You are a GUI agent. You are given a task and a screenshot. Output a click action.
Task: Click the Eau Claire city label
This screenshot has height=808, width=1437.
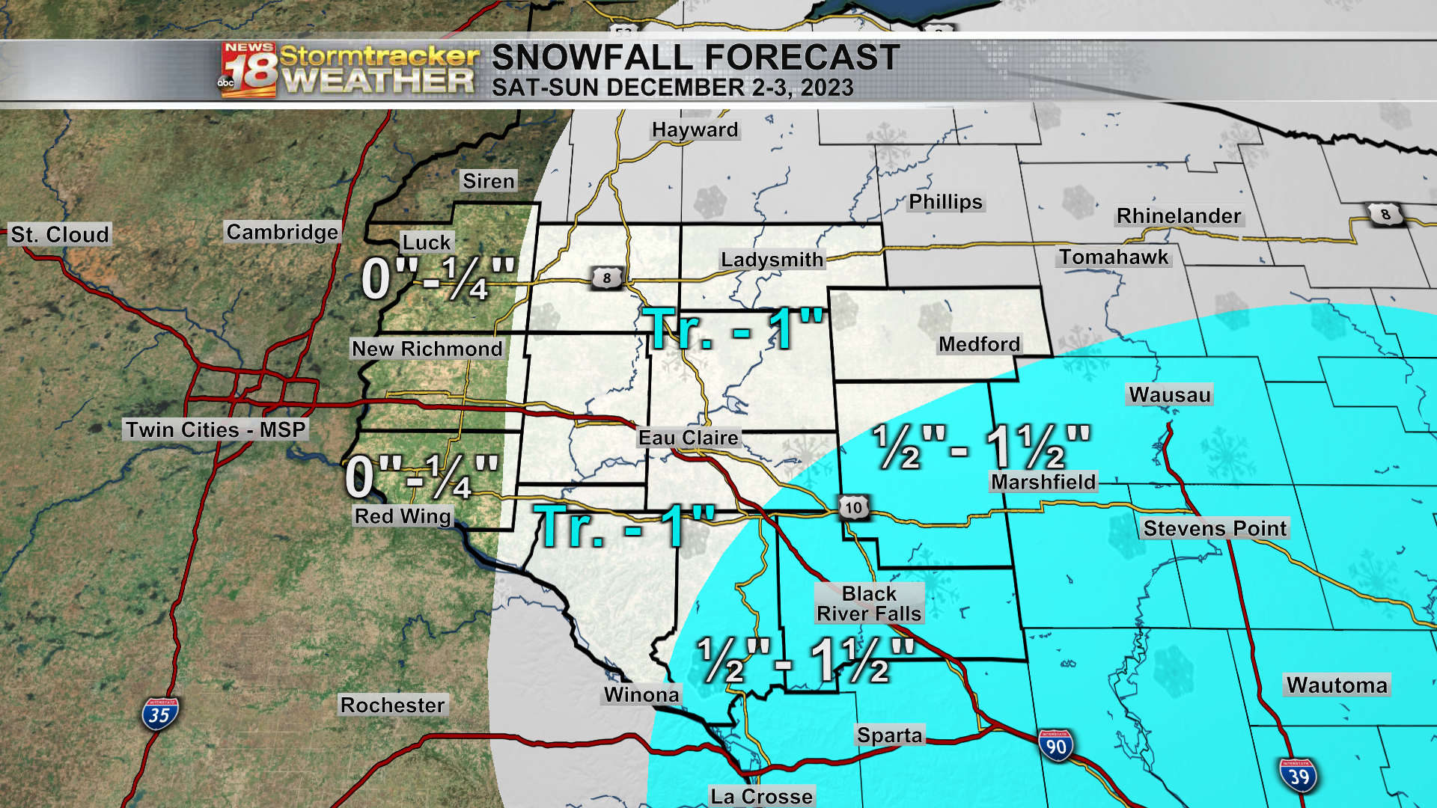coord(688,437)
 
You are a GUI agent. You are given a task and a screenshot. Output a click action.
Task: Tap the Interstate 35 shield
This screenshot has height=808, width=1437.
coord(160,714)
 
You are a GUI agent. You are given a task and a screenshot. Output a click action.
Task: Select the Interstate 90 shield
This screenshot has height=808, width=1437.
coord(1055,746)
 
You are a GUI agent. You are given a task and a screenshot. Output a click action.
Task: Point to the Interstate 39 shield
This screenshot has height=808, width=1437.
coord(1299,776)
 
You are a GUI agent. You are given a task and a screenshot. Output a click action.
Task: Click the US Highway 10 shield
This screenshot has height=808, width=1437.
coord(853,508)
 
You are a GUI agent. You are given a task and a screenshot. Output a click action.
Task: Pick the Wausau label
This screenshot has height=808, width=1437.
coord(1169,394)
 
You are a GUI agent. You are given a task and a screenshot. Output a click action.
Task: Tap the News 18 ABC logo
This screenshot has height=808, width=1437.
coord(248,70)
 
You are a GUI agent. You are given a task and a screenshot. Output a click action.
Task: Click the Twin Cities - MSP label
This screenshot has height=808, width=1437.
coord(216,429)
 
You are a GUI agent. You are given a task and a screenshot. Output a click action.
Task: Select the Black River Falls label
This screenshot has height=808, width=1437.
coord(869,603)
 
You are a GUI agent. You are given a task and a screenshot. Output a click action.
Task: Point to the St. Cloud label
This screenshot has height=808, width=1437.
coord(60,234)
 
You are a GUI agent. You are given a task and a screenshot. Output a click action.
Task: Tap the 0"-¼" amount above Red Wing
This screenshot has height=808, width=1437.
coord(421,477)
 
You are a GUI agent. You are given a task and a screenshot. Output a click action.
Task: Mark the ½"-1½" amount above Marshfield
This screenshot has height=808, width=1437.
coord(981,447)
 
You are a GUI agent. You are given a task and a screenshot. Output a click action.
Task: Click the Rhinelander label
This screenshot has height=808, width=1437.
coord(1178,215)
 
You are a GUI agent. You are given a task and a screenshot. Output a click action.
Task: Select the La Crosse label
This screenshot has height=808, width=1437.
coord(761,796)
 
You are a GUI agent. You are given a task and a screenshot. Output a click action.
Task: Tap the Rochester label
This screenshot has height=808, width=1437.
coord(392,705)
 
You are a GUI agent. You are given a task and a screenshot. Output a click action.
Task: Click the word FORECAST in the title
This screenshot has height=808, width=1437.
coord(802,58)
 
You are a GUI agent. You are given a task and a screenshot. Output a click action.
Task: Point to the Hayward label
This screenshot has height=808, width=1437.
coord(695,129)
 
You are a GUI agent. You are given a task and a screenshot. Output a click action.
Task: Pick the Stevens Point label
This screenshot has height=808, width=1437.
coord(1215,528)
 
